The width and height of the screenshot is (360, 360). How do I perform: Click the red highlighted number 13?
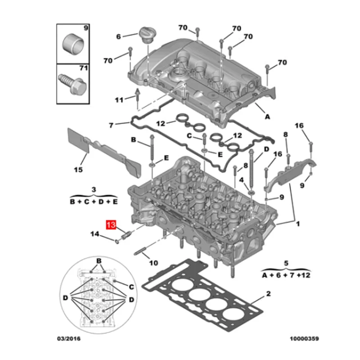click(111, 225)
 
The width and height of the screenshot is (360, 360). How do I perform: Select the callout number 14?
click(95, 234)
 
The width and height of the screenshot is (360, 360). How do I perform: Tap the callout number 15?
click(79, 170)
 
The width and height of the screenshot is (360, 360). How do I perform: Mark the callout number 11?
click(118, 99)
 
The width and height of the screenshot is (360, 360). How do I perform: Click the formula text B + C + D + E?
click(94, 202)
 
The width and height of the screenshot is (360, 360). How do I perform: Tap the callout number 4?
click(242, 180)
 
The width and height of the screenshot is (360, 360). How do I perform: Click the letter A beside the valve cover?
click(267, 116)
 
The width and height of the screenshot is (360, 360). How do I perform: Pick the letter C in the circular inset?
click(132, 287)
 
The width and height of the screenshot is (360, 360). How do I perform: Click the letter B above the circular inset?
click(99, 261)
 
